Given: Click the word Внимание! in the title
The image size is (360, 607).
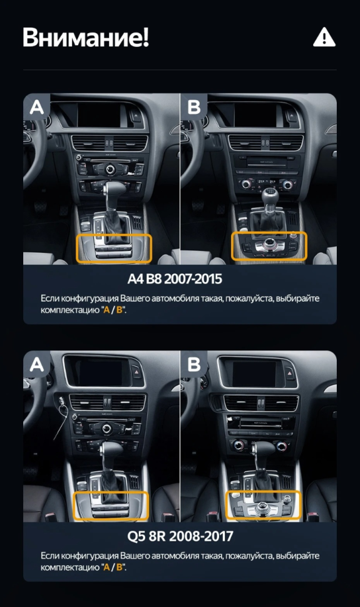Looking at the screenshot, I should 86,38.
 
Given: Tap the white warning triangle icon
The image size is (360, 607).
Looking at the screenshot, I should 324,38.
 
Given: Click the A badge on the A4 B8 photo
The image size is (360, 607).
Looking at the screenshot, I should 37,107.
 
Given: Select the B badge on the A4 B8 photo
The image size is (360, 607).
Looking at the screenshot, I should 194,107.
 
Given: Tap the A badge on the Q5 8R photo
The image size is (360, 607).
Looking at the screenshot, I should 37,364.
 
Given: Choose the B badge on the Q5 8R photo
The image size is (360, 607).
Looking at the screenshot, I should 194,364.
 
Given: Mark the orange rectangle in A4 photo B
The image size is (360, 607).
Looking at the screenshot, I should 269,247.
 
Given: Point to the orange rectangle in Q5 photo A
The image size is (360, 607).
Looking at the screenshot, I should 111,506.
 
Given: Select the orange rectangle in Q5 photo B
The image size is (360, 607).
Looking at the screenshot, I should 263,506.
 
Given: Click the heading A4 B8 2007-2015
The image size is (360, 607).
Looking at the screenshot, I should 180,278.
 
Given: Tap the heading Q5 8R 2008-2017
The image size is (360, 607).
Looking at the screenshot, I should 180,536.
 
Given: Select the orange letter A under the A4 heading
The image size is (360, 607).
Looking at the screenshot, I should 105,310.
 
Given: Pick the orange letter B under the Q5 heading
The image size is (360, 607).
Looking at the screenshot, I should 119,568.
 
